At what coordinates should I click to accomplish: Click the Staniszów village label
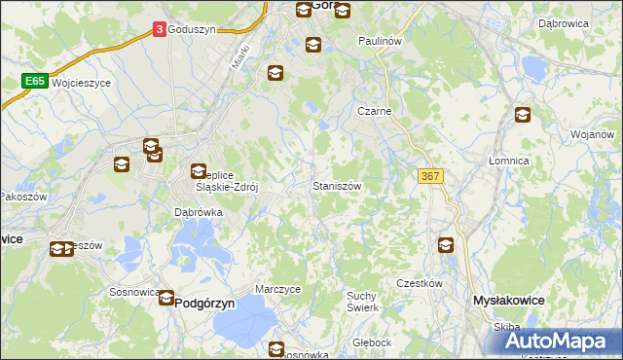coord(338,185)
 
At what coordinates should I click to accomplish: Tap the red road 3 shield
coord(159,30)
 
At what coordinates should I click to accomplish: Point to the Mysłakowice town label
coord(507,302)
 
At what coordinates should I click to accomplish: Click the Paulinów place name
coord(380,42)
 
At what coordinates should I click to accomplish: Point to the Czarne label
coord(374,111)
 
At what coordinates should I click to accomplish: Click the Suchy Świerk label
coord(362,301)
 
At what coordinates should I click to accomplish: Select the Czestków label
coord(420,283)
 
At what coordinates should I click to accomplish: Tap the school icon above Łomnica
coord(523,114)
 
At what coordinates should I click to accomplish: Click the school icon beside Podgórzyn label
coord(167,299)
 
